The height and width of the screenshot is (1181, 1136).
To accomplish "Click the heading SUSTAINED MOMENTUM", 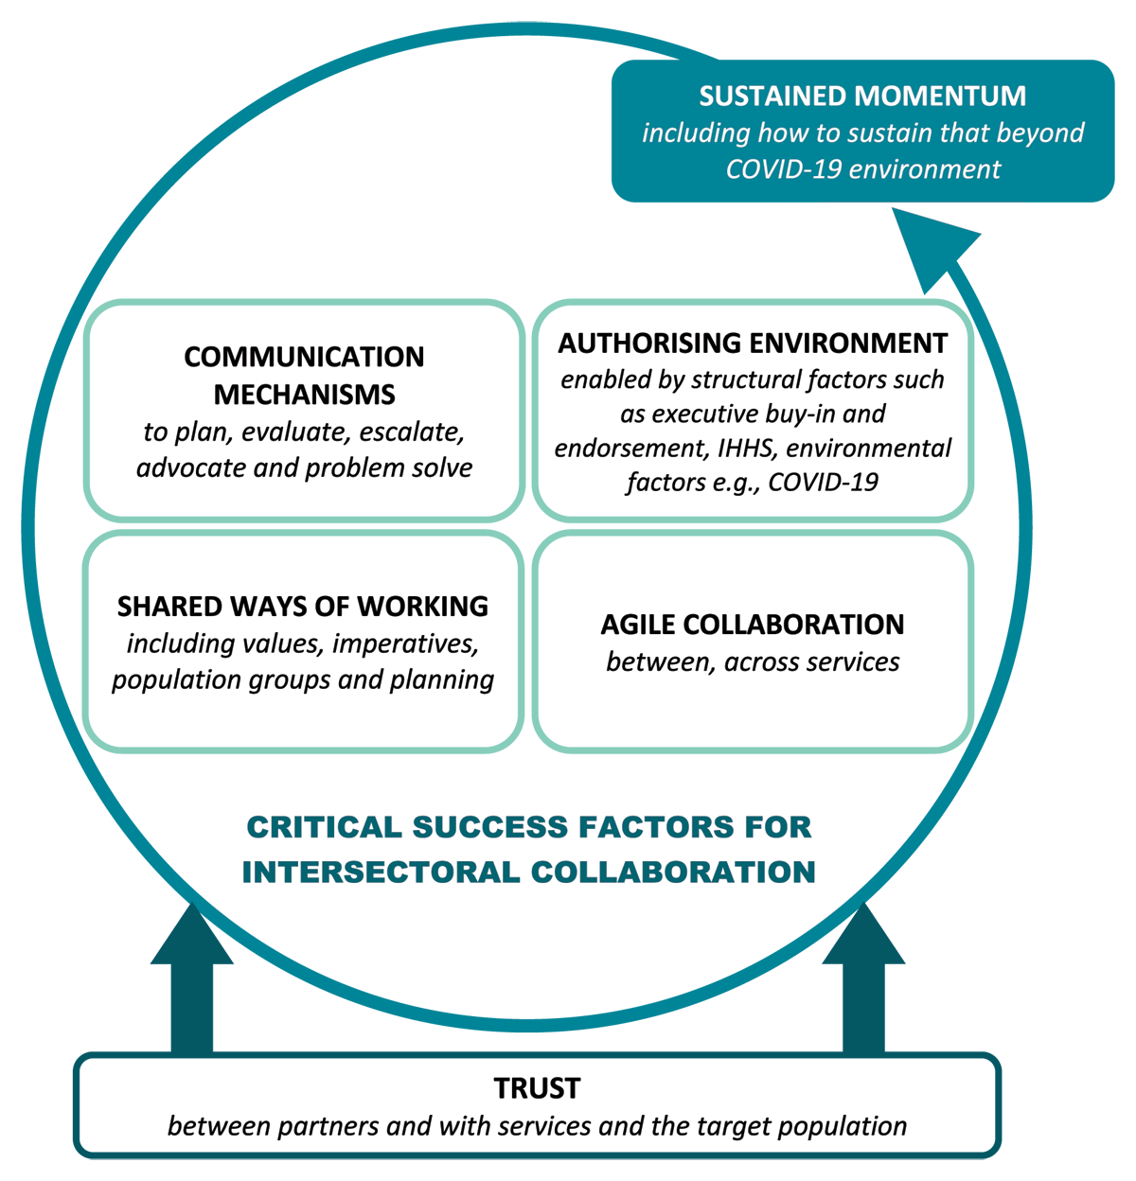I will pyautogui.click(x=862, y=97).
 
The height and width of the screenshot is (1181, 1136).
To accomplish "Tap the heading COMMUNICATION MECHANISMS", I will pyautogui.click(x=304, y=375).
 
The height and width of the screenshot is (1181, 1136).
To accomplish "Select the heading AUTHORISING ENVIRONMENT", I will pyautogui.click(x=753, y=343).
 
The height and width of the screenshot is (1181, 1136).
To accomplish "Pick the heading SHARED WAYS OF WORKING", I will pyautogui.click(x=303, y=606).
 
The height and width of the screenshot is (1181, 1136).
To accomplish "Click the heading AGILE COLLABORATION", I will pyautogui.click(x=753, y=625).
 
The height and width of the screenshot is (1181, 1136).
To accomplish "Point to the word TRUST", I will pyautogui.click(x=537, y=1088).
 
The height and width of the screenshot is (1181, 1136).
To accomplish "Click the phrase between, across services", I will pyautogui.click(x=753, y=661).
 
